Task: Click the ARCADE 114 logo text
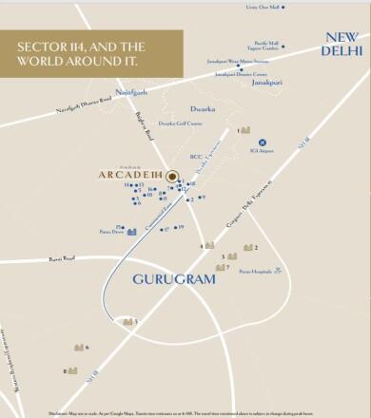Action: [130, 175]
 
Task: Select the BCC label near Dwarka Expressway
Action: [196, 157]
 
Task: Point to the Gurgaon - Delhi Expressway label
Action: [257, 201]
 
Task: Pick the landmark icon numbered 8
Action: [71, 370]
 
